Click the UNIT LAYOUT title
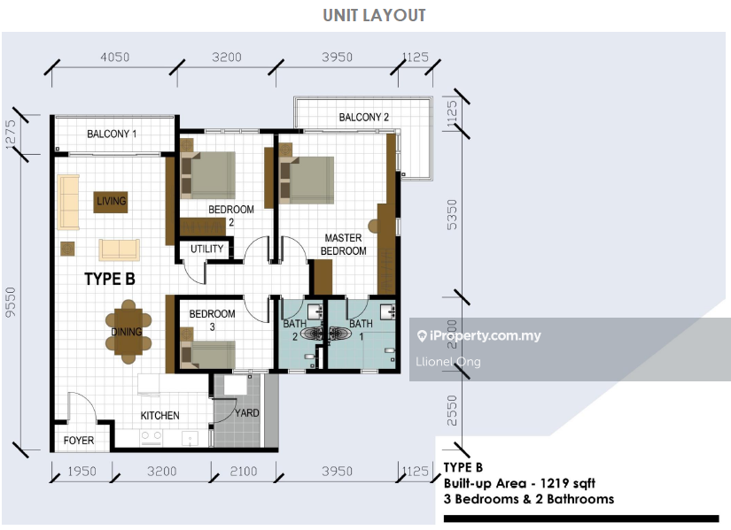(x=374, y=15)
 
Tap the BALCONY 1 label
(x=112, y=134)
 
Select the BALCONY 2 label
(x=363, y=118)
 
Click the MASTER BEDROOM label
(x=343, y=244)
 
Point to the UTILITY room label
(x=206, y=250)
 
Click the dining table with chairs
(x=128, y=332)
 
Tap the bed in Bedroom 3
(x=208, y=355)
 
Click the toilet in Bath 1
(x=340, y=334)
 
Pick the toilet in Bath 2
(x=312, y=334)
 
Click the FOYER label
(x=79, y=441)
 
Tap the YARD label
(x=247, y=413)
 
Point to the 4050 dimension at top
(x=114, y=58)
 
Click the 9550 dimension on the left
(x=11, y=302)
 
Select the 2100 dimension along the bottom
(x=244, y=472)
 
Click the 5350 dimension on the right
(x=452, y=215)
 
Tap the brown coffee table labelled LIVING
(x=111, y=202)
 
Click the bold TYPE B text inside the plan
(x=110, y=279)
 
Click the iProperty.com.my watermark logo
(x=479, y=336)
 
